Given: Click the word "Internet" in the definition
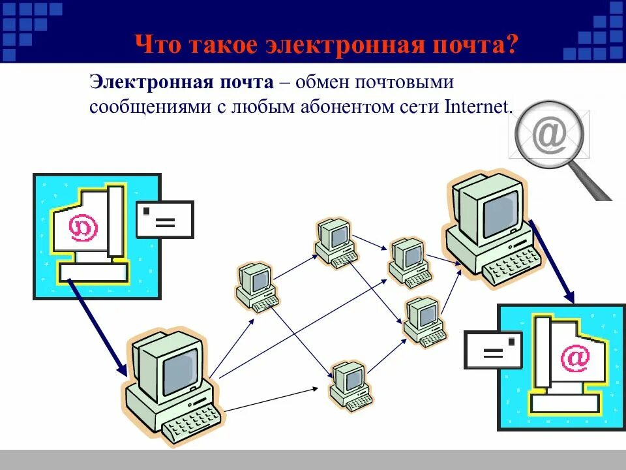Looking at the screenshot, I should [x=477, y=106].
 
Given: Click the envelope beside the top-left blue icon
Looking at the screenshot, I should [x=165, y=219].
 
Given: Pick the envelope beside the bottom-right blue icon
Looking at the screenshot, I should [x=494, y=350].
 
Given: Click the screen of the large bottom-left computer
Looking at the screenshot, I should [x=179, y=369].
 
